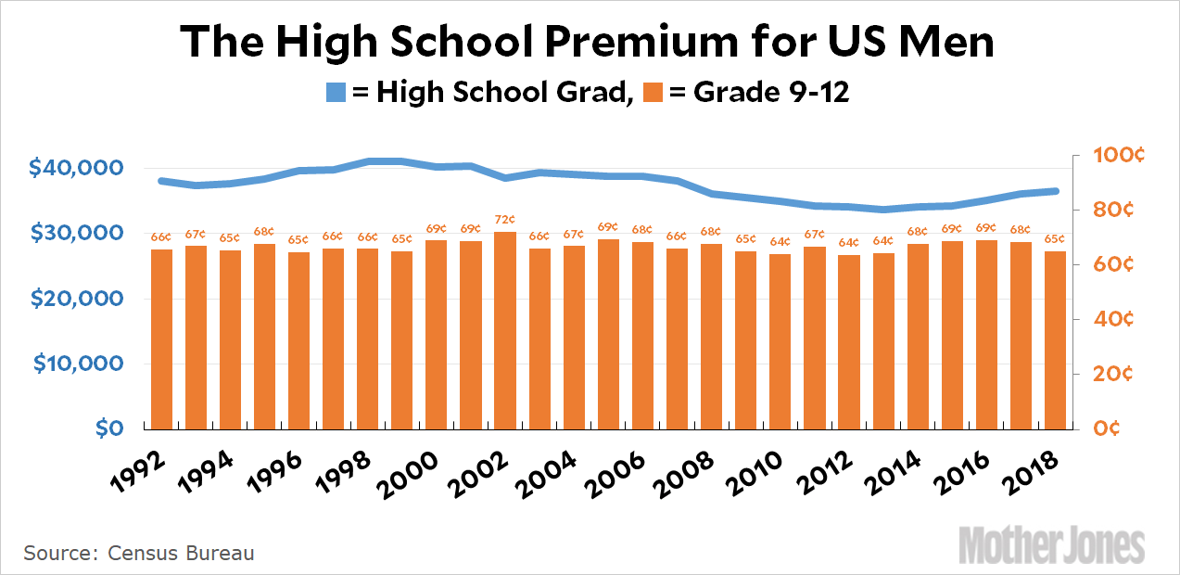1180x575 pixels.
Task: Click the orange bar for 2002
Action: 505,330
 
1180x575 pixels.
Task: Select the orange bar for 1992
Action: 161,339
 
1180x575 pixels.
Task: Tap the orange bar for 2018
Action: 1056,339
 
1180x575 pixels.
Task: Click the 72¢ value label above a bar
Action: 505,220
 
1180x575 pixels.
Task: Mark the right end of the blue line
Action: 1056,191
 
